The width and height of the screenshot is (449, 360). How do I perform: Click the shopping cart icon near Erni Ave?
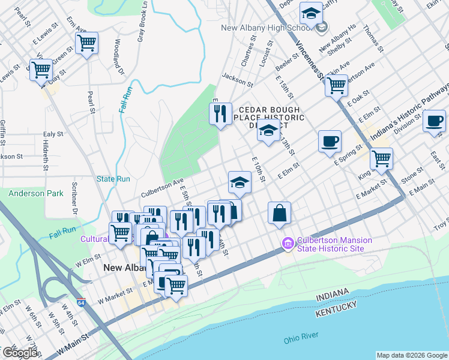[x=87, y=43]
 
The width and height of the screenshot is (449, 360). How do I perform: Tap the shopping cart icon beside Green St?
[x=41, y=69]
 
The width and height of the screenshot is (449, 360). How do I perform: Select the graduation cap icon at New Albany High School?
[x=311, y=13]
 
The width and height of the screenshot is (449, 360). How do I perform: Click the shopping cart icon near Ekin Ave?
[x=336, y=86]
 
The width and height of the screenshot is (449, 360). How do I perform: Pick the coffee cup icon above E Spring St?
[x=329, y=142]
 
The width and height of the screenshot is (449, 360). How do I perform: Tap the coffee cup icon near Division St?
[x=434, y=121]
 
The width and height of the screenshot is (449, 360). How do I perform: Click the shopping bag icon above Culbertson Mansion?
[x=280, y=212]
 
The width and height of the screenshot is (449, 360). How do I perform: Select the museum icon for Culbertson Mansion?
[x=288, y=244]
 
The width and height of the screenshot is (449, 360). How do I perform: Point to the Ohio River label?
[x=301, y=338]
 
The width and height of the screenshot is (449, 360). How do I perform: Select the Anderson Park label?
[x=35, y=194]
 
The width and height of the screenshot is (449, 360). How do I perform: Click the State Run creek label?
[x=113, y=179]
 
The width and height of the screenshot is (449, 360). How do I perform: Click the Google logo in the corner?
[x=20, y=352]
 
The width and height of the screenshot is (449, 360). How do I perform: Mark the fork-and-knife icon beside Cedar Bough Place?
[x=220, y=113]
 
